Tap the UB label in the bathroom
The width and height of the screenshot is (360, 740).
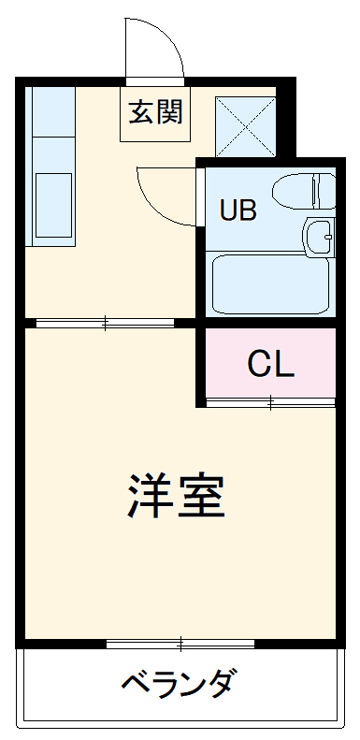pos(238,210)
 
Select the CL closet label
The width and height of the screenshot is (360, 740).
pos(271,364)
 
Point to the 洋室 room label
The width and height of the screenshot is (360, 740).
pos(177,497)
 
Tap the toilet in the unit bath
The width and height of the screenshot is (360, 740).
pos(303,191)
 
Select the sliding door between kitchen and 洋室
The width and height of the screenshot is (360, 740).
pos(105,324)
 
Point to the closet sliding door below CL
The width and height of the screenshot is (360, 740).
pos(270,403)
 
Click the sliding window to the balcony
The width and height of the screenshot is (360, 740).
pos(180,644)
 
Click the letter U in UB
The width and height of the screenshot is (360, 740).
pos(228,210)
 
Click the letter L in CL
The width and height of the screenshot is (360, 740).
pos(284,364)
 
